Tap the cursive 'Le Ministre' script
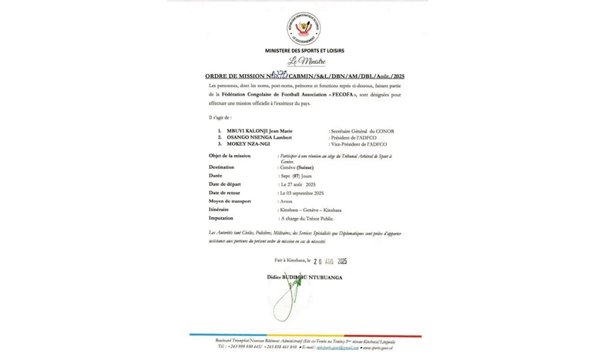point(307,62)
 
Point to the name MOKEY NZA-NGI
point(248,144)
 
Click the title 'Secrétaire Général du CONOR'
point(362,131)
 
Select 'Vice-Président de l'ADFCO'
point(361,144)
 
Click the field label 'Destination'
point(221,167)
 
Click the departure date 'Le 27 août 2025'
point(299,184)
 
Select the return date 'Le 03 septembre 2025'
point(302,193)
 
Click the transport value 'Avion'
point(287,201)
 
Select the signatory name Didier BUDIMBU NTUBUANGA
point(304,277)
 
